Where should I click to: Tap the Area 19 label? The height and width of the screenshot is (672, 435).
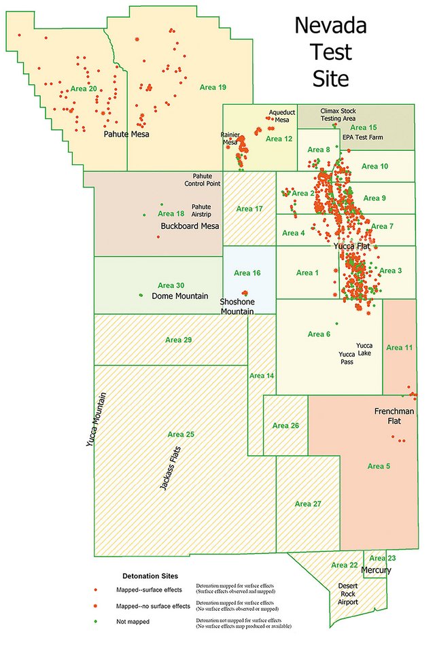212,88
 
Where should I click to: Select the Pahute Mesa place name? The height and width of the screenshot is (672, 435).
126,135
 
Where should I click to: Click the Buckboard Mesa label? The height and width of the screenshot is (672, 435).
190,226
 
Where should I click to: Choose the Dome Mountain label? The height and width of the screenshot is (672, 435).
180,296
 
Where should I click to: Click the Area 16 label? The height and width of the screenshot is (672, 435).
247,273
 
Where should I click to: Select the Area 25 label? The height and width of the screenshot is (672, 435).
181,434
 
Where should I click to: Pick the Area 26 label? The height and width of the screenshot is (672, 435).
285,426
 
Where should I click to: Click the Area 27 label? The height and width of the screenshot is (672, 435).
308,504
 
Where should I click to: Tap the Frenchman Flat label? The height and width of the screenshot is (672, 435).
391,417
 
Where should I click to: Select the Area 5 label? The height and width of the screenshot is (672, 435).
379,466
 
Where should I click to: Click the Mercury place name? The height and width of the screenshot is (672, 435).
376,570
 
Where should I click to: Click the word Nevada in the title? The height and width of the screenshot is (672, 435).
330,26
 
